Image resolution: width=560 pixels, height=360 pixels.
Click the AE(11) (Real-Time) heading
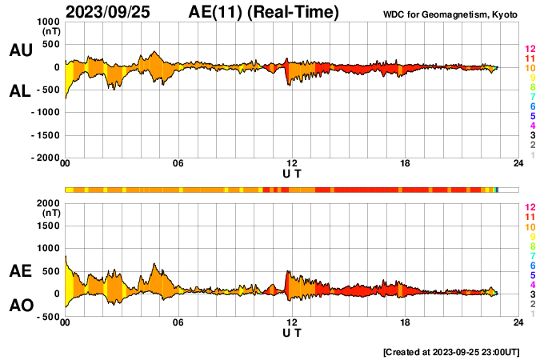(x=264, y=12)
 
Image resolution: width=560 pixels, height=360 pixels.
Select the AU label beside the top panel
(x=20, y=50)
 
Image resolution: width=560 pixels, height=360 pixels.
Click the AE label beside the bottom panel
(x=20, y=271)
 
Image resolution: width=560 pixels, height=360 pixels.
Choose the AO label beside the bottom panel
(x=20, y=306)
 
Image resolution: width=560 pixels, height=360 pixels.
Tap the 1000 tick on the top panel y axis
(x=49, y=22)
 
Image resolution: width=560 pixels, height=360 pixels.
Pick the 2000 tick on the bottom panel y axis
(x=49, y=203)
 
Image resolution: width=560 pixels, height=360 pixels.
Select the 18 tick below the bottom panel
(x=406, y=323)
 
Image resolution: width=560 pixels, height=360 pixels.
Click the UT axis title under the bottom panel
(x=292, y=333)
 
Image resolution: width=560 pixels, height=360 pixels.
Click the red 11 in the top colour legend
(x=529, y=58)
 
